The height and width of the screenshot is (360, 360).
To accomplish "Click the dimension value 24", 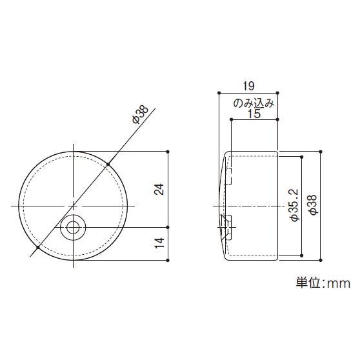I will tap(160, 189).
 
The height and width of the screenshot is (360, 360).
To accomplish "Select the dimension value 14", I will tap(160, 243).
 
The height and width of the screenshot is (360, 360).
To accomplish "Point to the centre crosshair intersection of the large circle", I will tap(75, 205).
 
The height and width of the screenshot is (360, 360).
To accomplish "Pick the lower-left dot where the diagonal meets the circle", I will tap(39, 247).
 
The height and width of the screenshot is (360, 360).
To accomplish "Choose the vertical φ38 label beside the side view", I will tap(312, 205).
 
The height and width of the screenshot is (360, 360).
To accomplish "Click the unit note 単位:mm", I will tap(322, 283).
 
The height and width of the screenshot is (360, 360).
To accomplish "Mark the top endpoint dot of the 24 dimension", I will tap(168, 151).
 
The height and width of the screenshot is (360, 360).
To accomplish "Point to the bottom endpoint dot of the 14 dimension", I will tap(168, 259).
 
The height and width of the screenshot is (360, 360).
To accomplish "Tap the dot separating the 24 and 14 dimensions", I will tap(168, 227).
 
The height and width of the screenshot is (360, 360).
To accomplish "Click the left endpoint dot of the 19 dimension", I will tap(219, 92).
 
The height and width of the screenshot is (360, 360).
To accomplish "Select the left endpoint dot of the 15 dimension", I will tap(231, 120).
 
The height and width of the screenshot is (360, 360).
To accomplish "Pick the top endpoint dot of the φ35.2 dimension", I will tap(301, 155).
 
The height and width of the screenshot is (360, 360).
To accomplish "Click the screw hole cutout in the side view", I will tap(225, 225).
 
